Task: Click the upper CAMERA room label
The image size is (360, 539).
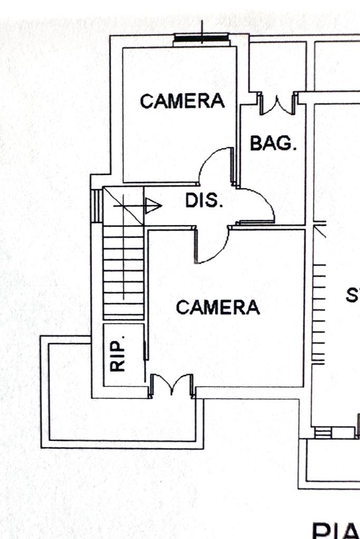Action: coord(182,101)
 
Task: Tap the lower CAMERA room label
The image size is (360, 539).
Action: coord(218,307)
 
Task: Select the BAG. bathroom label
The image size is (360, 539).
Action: coord(273,143)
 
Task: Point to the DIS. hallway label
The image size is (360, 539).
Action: coord(205,201)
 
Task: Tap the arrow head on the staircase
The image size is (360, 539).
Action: coord(153,206)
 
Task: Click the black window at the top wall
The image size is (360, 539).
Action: coord(202,38)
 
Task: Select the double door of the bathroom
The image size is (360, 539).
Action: coord(278,104)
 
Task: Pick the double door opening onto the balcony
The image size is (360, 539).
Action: coord(172,385)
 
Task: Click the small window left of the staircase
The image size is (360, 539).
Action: coord(96,205)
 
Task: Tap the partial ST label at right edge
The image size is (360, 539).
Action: coord(353,295)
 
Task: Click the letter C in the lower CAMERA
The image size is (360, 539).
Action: coord(182,307)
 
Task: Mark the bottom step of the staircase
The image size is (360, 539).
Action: coord(123,315)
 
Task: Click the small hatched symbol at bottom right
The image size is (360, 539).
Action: coord(323,433)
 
